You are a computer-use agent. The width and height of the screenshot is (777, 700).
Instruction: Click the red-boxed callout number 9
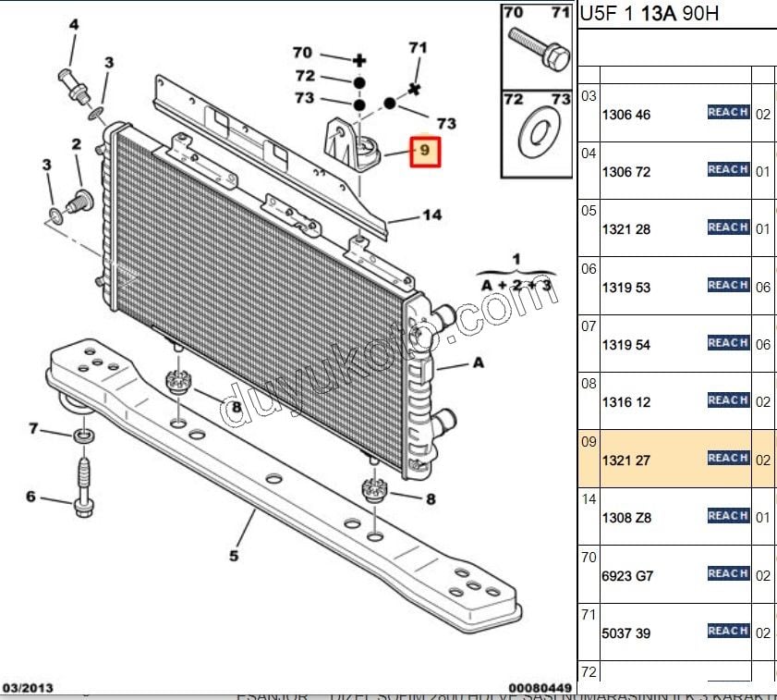pos(425,150)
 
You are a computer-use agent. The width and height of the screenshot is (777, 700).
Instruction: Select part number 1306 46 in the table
pos(625,116)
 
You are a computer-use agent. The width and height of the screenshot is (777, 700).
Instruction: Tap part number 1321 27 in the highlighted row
pos(625,460)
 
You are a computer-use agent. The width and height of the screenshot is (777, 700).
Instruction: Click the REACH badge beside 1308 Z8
pos(728,516)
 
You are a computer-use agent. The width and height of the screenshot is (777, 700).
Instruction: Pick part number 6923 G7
pos(627,575)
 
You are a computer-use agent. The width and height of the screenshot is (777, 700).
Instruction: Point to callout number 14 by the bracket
pos(431,215)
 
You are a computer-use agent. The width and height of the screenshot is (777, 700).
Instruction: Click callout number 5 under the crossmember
pos(234,556)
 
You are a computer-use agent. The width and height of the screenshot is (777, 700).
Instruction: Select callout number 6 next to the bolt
pos(30,497)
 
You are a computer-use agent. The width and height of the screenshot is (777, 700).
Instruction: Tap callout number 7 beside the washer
pos(33,428)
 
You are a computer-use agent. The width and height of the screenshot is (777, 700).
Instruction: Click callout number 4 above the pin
pos(73,24)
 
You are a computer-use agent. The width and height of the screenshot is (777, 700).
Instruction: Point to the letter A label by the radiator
pos(478,363)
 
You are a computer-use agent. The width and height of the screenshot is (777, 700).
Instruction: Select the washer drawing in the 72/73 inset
pos(537,134)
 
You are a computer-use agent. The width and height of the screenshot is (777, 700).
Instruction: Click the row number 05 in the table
pos(589,211)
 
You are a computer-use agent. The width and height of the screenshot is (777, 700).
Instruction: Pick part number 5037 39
pos(625,633)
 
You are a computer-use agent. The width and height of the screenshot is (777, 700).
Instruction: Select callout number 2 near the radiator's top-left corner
pos(76,144)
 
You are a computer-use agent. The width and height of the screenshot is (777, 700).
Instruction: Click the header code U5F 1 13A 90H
pos(649,14)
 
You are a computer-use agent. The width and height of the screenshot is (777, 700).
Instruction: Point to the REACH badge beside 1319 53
pos(728,286)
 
